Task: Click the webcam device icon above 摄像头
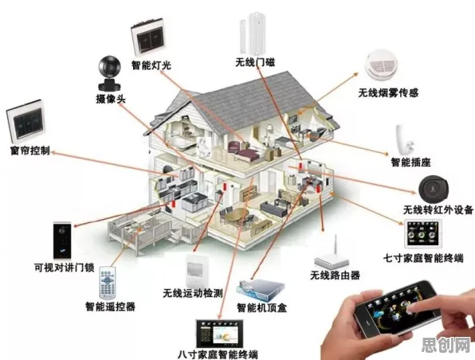click(109, 73)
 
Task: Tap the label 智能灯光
click(151, 65)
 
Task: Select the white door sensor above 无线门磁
click(254, 33)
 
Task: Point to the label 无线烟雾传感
click(388, 92)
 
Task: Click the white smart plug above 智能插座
click(404, 140)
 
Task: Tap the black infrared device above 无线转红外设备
click(434, 190)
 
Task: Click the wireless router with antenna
click(332, 253)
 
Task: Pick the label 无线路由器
click(335, 276)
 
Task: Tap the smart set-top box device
click(261, 290)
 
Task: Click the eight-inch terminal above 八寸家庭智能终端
click(219, 334)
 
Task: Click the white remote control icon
click(107, 283)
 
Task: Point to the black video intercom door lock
click(62, 241)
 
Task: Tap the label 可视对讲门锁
click(65, 268)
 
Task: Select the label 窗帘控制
click(29, 151)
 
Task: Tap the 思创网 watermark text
click(446, 345)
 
